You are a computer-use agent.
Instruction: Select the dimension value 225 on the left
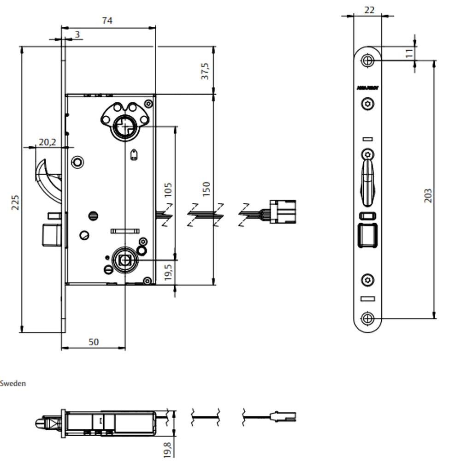coord(15,202)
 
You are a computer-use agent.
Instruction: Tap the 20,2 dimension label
coord(47,142)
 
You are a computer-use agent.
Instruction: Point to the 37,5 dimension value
coord(205,71)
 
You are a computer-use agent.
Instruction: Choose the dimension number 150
coord(206,189)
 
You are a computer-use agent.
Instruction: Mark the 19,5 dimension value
coord(168,273)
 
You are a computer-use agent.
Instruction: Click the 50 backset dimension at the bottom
coord(93,342)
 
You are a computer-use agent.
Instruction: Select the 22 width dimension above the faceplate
coord(369,10)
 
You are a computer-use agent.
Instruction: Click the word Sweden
coord(13,383)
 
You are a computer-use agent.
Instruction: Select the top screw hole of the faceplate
coord(367,60)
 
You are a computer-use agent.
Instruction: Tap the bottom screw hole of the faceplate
coord(367,318)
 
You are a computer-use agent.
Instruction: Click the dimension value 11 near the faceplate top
coord(409,53)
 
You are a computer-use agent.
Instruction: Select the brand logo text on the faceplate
coord(367,88)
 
